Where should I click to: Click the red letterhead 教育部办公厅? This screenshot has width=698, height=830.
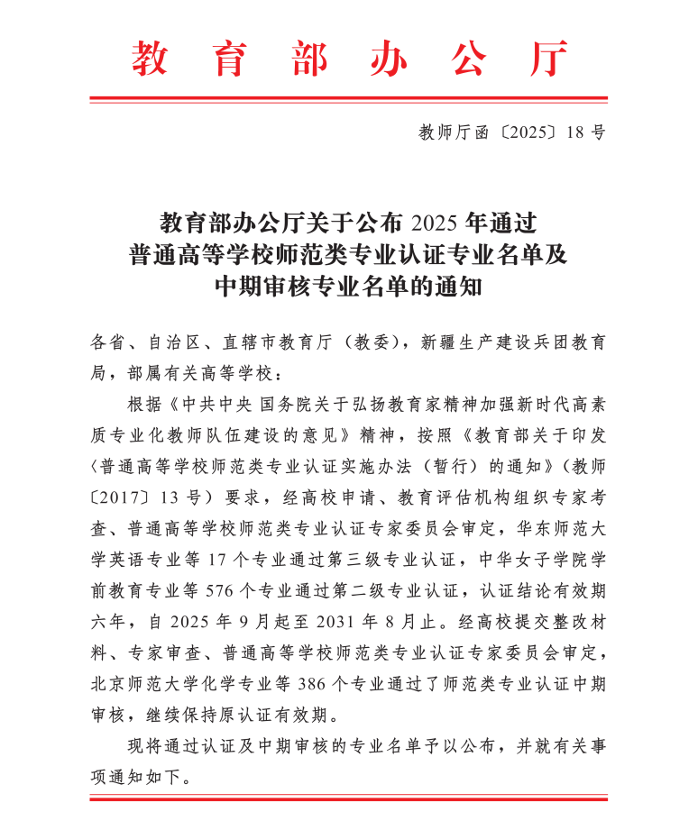coord(349,59)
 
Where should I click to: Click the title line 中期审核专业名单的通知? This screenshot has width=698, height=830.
coord(349,287)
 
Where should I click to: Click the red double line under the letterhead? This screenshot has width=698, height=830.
coord(349,99)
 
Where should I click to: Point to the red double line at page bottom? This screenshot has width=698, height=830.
coord(349,798)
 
